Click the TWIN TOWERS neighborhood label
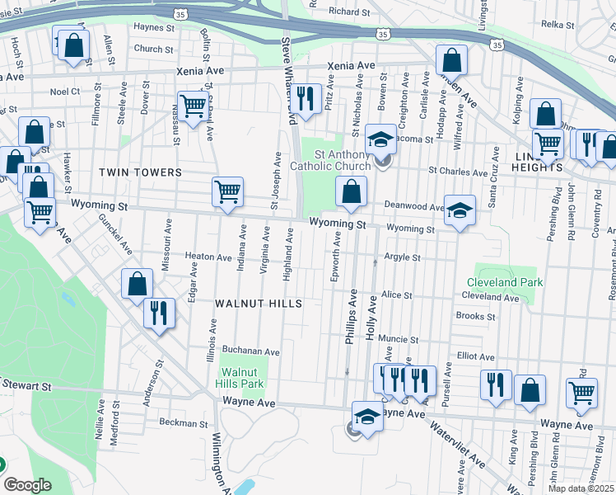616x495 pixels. (140, 172)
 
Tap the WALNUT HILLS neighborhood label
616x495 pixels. (258, 304)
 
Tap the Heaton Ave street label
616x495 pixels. (208, 257)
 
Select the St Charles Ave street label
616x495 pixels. (458, 172)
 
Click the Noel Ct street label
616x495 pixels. (65, 92)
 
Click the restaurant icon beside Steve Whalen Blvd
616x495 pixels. (306, 99)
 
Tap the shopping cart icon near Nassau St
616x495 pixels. (193, 105)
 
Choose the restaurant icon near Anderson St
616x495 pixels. (157, 313)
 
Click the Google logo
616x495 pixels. (27, 485)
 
